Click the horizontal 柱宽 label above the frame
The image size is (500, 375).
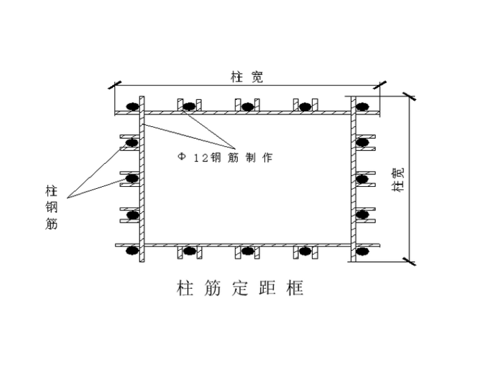(x=247, y=78)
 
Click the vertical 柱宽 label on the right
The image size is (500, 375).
(x=397, y=179)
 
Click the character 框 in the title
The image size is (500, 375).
(x=295, y=288)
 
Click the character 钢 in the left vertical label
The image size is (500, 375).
(x=51, y=208)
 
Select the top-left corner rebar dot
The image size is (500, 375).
(x=132, y=107)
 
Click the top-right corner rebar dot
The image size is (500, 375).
(x=362, y=107)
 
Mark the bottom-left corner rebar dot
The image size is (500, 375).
(x=132, y=251)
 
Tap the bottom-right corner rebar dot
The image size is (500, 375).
(x=362, y=251)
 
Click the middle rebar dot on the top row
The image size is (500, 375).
(x=247, y=107)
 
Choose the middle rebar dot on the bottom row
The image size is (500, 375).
(x=247, y=251)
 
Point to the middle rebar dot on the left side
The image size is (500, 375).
(x=132, y=178)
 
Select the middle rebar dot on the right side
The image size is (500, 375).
(x=362, y=178)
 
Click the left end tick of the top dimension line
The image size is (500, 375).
(x=115, y=85)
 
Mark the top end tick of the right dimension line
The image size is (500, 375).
(x=411, y=96)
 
